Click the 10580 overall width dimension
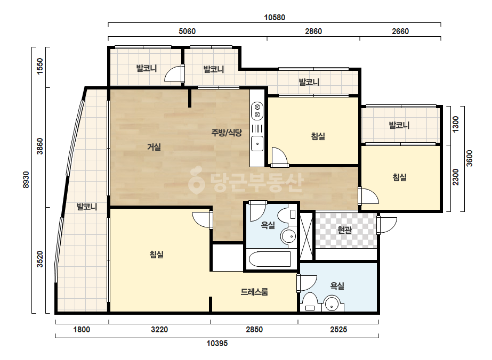[275, 18]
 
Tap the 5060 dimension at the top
[187, 31]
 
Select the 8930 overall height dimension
[26, 179]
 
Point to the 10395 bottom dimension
[217, 343]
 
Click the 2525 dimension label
[338, 330]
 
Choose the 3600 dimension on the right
[469, 158]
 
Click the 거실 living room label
[154, 147]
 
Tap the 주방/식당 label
[227, 133]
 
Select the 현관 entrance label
[344, 230]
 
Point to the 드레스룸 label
[254, 292]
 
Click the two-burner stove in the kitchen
[257, 111]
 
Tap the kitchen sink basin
[257, 144]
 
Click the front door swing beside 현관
[387, 225]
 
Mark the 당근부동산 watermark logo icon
[196, 179]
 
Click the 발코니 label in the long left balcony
[86, 207]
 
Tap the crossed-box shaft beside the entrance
[307, 236]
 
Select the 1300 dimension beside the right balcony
[456, 124]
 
